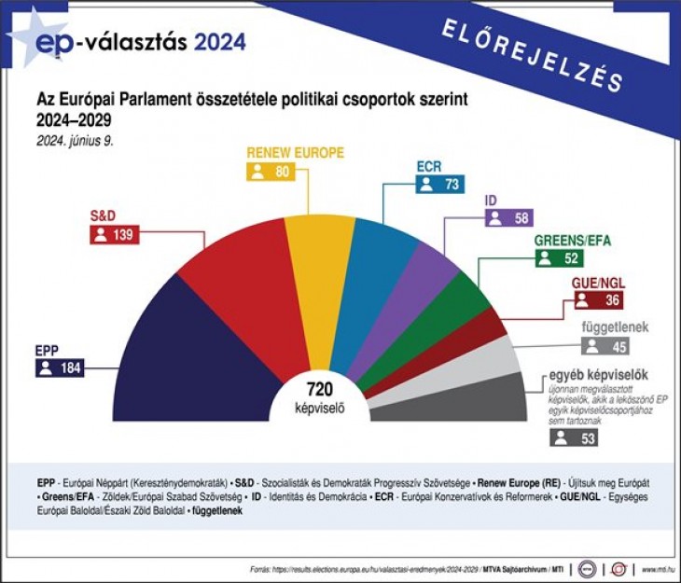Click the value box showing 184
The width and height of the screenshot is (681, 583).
coord(61,368)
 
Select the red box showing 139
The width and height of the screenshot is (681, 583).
coord(112,235)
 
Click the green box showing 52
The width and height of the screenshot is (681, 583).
coord(558,258)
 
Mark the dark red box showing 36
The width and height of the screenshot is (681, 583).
coord(597,300)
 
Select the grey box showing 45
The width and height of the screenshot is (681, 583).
coord(605,346)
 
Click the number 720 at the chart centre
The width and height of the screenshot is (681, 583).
coord(319,389)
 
